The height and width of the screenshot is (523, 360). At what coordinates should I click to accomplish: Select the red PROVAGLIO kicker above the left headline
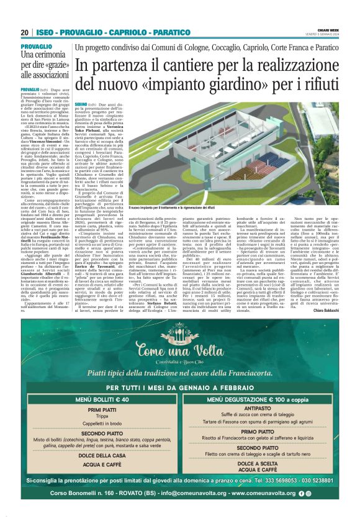(x=36, y=47)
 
